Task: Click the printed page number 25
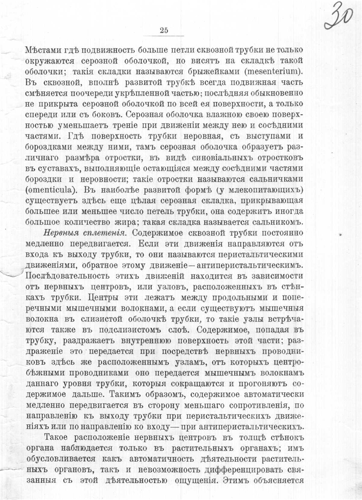point(164,30)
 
